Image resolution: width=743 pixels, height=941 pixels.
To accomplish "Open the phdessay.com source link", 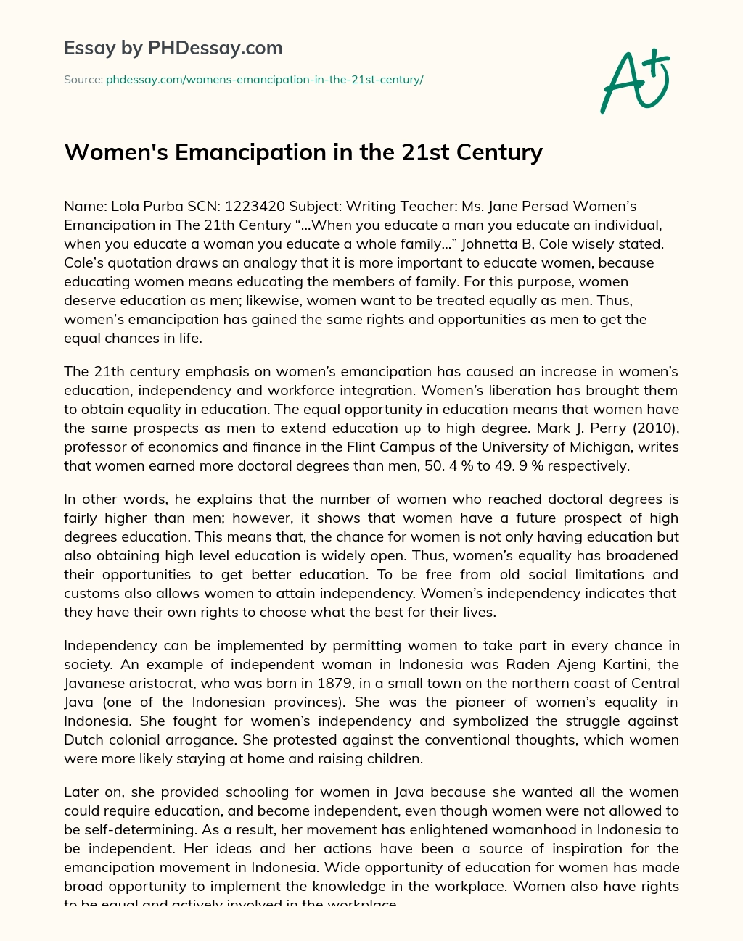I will (265, 80).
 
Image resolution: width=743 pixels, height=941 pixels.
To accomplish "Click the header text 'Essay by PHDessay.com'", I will (173, 48).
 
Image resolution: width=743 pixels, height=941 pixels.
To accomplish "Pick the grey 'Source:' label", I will (83, 80).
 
